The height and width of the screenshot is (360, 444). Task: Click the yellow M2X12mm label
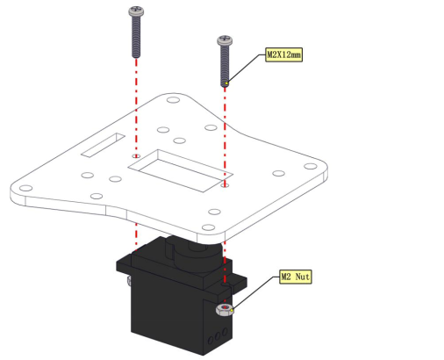(283, 54)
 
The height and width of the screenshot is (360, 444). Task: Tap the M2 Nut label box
(296, 277)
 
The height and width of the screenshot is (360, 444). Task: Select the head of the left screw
(136, 11)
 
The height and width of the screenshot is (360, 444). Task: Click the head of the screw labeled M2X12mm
(225, 40)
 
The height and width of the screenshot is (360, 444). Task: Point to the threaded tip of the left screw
(136, 55)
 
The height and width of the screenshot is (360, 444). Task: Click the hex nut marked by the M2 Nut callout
(225, 310)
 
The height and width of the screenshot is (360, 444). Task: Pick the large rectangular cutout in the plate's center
(181, 171)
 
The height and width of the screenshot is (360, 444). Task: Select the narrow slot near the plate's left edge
(103, 145)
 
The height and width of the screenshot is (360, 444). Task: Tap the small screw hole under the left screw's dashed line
(136, 156)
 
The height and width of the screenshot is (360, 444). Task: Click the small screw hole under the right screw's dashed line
(225, 185)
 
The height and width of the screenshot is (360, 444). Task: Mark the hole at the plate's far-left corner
(25, 188)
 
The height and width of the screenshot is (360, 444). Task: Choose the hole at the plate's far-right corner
(311, 166)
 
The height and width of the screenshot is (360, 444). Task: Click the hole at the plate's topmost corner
(173, 100)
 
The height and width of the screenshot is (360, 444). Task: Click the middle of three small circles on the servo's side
(218, 336)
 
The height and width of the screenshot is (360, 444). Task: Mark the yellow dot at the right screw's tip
(226, 83)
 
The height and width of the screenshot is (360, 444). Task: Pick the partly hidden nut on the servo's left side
(129, 280)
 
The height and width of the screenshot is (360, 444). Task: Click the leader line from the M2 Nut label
(255, 292)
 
